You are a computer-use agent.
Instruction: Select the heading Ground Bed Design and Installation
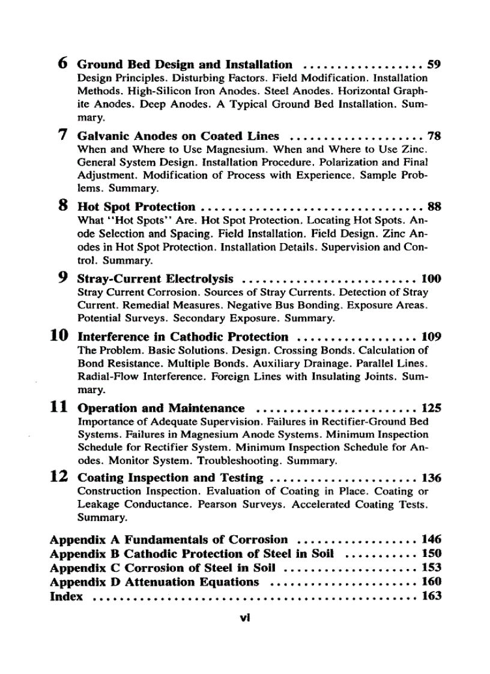pyautogui.click(x=185, y=64)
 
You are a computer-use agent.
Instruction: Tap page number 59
pyautogui.click(x=434, y=64)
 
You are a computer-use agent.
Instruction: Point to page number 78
pyautogui.click(x=434, y=136)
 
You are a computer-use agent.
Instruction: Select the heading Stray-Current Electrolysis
pyautogui.click(x=156, y=279)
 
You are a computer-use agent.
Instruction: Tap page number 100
pyautogui.click(x=431, y=279)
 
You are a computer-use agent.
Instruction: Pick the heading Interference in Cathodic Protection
pyautogui.click(x=183, y=337)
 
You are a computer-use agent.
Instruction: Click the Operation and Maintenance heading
pyautogui.click(x=161, y=409)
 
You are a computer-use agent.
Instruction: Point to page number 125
pyautogui.click(x=431, y=409)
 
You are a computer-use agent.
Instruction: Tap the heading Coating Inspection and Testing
pyautogui.click(x=171, y=478)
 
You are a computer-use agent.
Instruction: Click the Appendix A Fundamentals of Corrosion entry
pyautogui.click(x=169, y=540)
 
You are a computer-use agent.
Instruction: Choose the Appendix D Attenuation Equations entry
pyautogui.click(x=154, y=582)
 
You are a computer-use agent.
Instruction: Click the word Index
pyautogui.click(x=66, y=596)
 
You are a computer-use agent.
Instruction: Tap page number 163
pyautogui.click(x=431, y=596)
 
